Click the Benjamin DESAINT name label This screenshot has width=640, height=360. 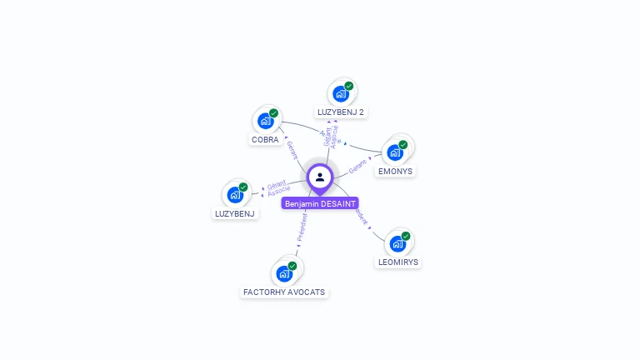(320, 203)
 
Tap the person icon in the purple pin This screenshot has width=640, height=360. (320, 177)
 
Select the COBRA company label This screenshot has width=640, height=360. (265, 140)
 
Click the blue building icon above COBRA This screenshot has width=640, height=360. (265, 122)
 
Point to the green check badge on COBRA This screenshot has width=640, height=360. (273, 113)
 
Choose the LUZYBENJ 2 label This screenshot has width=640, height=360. (341, 112)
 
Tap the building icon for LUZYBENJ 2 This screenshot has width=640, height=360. (340, 93)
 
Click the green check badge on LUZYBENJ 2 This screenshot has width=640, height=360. (348, 86)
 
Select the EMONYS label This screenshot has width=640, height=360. (395, 171)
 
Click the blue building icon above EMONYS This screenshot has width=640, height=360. (395, 152)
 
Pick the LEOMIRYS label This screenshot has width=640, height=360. (397, 262)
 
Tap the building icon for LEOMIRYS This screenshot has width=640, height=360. (397, 243)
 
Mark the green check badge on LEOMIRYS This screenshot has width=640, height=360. (406, 236)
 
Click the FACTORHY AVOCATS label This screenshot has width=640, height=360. (284, 292)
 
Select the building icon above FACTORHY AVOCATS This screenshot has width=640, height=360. (284, 273)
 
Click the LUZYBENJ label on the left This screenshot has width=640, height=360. (235, 213)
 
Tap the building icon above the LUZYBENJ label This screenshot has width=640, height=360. (235, 195)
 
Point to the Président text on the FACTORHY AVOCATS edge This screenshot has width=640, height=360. (302, 227)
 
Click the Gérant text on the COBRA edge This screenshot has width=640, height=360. (292, 150)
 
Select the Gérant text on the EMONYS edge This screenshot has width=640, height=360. (358, 165)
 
